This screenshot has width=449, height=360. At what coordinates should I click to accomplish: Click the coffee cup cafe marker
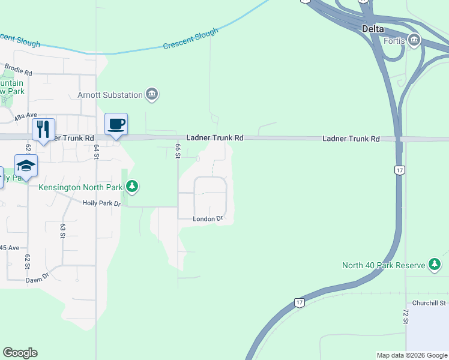tap(116, 124)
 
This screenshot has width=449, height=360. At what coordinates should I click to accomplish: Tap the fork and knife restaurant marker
tap(43, 130)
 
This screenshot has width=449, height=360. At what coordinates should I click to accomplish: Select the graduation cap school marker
tap(26, 165)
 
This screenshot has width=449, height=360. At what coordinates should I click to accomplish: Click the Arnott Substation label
tap(110, 95)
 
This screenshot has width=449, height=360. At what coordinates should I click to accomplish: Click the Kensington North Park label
tap(80, 188)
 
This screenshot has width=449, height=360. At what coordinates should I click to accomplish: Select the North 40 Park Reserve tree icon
tap(434, 265)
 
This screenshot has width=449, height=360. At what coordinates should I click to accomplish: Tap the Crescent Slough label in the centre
tap(190, 40)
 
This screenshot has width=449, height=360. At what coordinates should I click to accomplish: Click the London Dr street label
tap(208, 219)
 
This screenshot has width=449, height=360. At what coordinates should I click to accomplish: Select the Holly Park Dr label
tap(101, 204)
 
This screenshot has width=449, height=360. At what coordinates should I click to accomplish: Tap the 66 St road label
tap(178, 151)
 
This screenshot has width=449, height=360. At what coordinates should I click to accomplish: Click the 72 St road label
tap(406, 316)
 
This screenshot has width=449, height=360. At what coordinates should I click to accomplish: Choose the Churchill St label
tap(429, 304)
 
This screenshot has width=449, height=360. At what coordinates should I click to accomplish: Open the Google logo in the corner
tap(20, 353)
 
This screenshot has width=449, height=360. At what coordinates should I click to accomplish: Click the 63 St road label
tap(62, 231)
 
